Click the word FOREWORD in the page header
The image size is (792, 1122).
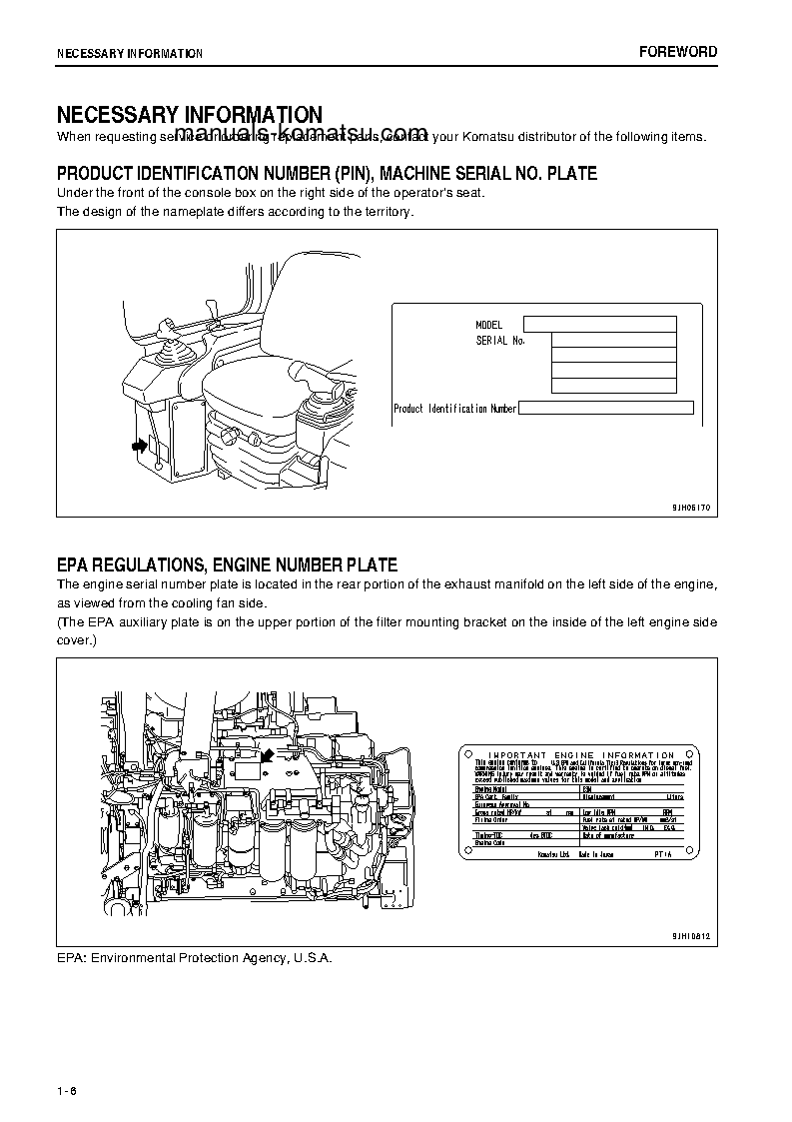tap(678, 52)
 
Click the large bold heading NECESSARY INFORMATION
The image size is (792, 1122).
tap(189, 115)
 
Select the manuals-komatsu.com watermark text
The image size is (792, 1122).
tap(300, 134)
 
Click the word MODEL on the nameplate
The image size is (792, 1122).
tap(488, 325)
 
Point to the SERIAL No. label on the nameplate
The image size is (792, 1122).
tap(499, 341)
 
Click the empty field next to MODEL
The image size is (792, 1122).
tap(600, 324)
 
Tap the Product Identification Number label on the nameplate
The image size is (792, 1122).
tap(454, 409)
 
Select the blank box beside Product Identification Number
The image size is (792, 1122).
tap(606, 408)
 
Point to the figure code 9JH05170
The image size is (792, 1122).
tap(690, 508)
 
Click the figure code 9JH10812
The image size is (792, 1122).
tap(690, 936)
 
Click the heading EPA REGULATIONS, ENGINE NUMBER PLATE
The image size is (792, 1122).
tap(227, 565)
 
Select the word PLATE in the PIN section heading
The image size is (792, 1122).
tap(572, 174)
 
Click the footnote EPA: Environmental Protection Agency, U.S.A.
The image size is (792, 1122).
tap(194, 957)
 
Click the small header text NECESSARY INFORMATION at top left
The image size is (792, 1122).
tap(129, 53)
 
